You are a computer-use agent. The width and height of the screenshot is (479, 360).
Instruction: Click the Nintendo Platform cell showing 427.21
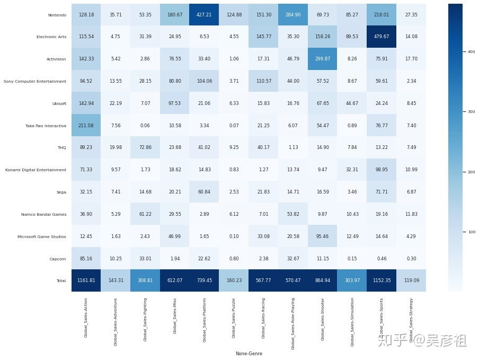204,15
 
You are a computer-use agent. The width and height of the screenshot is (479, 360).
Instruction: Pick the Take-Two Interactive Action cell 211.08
86,125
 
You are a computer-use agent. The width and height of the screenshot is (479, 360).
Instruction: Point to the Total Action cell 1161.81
86,280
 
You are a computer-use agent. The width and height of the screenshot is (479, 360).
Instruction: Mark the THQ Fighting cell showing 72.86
145,147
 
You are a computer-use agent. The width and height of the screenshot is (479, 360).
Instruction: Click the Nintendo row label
57,15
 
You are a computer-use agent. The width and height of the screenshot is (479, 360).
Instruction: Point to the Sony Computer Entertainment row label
35,81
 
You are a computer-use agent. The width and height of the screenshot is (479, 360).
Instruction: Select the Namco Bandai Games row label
44,214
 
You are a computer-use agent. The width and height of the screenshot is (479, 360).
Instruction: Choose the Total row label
61,280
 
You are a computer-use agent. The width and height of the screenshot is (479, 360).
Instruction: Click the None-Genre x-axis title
249,354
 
